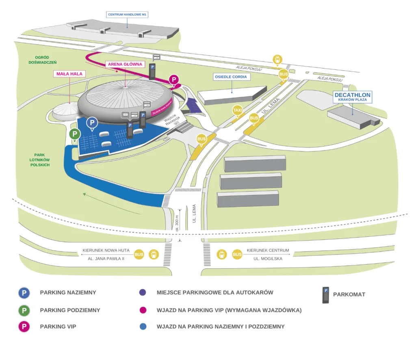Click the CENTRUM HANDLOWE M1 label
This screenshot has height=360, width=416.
point(127,15)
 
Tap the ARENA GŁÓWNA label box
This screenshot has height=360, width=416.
point(125,64)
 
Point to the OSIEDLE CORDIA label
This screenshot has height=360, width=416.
point(232,76)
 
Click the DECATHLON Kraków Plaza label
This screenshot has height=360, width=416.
point(353,97)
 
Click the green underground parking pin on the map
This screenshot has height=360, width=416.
point(74,134)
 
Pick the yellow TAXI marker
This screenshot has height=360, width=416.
point(237,110)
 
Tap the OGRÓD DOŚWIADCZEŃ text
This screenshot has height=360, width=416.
point(43,60)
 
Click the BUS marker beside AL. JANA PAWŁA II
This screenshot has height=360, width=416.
point(139,254)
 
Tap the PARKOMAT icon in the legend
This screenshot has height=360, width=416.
point(325,295)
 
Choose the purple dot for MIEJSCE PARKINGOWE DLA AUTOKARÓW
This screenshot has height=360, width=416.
point(142,293)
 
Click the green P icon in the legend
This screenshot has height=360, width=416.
point(24,310)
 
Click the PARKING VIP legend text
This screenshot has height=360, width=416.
point(58,326)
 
